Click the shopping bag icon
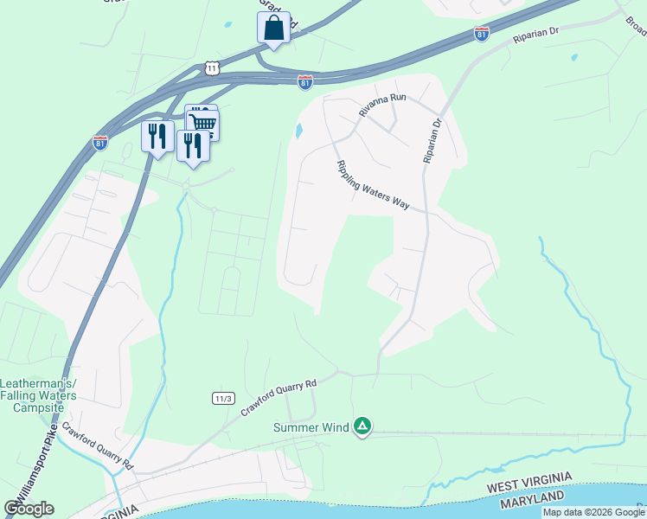273,28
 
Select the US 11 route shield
213,67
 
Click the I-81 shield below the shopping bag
304,82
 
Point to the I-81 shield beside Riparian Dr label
482,34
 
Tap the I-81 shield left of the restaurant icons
100,143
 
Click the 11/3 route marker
223,398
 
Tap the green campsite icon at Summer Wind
363,426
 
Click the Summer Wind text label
311,427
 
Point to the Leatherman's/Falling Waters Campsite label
38,395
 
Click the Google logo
29,509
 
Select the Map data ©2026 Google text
593,512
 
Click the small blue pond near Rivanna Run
299,131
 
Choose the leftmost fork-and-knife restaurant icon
157,136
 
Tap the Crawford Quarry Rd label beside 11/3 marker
280,394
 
